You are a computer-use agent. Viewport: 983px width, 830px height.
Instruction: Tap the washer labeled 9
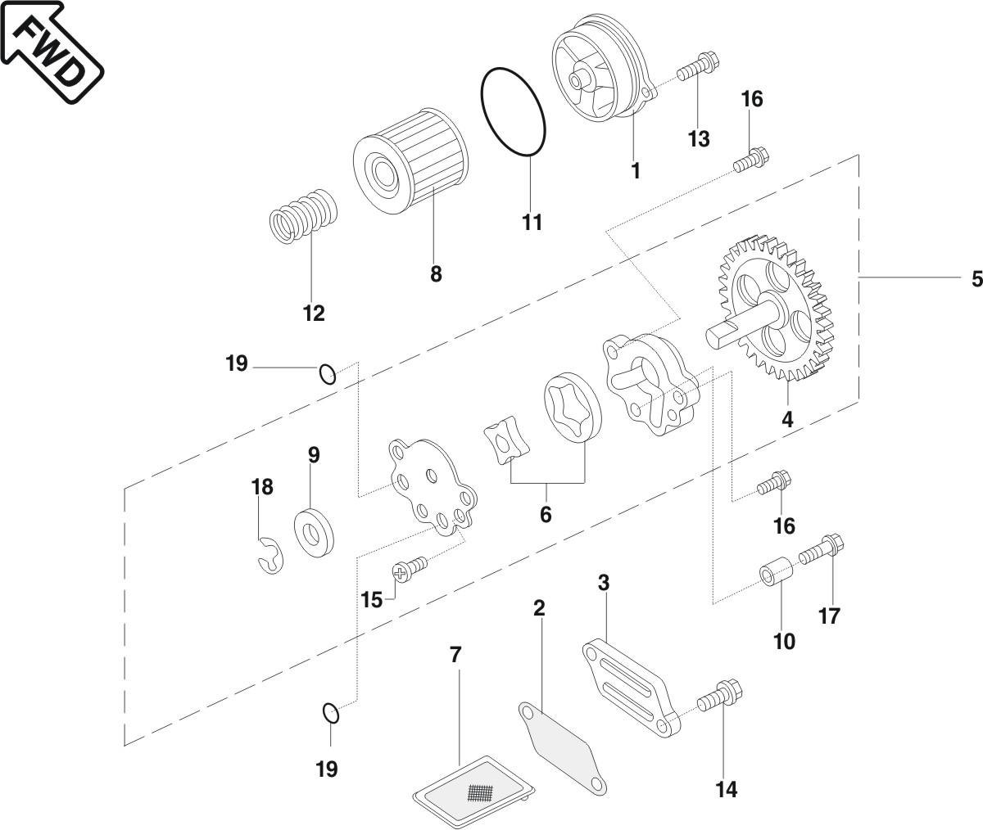[313, 531]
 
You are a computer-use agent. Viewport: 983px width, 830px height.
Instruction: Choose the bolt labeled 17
[820, 550]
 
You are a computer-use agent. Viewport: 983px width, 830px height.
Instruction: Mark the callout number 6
[546, 515]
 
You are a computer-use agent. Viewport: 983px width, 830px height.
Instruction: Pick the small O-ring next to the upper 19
[328, 374]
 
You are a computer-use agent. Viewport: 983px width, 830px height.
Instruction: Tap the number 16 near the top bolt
[751, 99]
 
